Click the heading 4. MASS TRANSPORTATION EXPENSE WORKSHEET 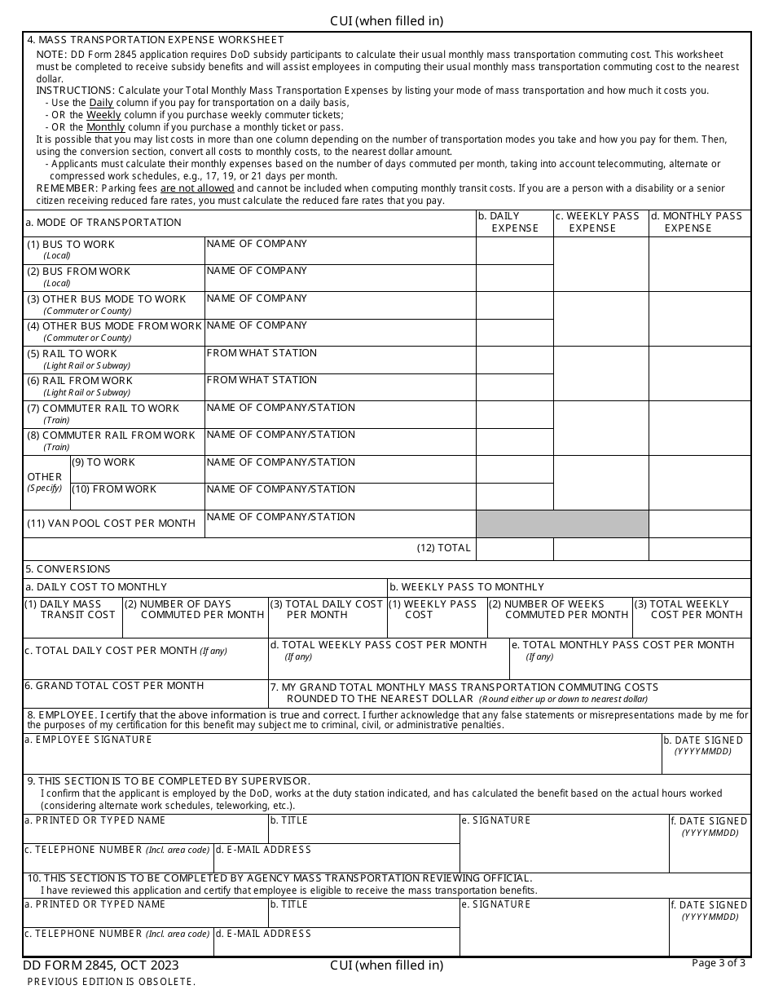pyautogui.click(x=156, y=39)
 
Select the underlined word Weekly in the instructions pyautogui.click(x=103, y=115)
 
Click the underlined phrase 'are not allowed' pyautogui.click(x=197, y=188)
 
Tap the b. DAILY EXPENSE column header pyautogui.click(x=514, y=222)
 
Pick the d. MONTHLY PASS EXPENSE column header pyautogui.click(x=700, y=222)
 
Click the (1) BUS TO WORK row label pyautogui.click(x=71, y=245)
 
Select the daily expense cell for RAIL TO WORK pyautogui.click(x=514, y=360)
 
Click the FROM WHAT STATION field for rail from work pyautogui.click(x=340, y=387)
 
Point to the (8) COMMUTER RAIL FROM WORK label pyautogui.click(x=111, y=435)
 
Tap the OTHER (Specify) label pyautogui.click(x=45, y=481)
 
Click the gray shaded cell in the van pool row pyautogui.click(x=561, y=524)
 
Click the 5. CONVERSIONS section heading pyautogui.click(x=68, y=569)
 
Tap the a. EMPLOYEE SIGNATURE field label pyautogui.click(x=89, y=740)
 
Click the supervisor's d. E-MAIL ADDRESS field pyautogui.click(x=336, y=858)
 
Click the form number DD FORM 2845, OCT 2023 pyautogui.click(x=101, y=965)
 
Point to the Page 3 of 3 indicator pyautogui.click(x=718, y=963)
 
